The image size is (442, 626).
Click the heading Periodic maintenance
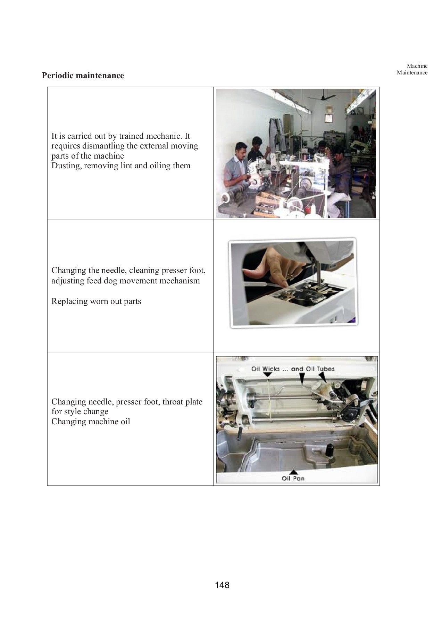point(83,75)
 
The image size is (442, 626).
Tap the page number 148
point(222,585)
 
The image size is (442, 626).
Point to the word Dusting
point(66,166)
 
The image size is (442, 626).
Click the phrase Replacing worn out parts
point(96,301)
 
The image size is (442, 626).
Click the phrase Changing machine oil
point(91,422)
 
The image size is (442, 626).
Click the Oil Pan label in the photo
point(293,479)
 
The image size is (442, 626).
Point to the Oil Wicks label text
point(265,369)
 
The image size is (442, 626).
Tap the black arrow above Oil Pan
point(293,472)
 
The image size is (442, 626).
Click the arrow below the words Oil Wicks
point(268,375)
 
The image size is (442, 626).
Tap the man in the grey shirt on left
point(236,167)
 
